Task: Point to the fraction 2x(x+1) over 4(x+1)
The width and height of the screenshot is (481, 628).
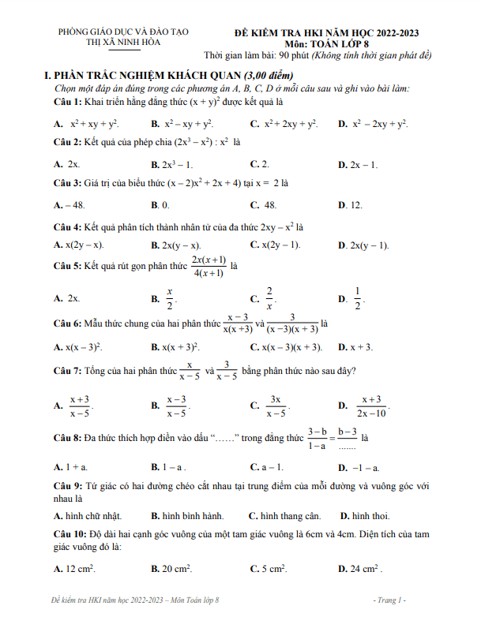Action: point(209,267)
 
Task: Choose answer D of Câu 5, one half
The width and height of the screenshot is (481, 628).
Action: point(357,299)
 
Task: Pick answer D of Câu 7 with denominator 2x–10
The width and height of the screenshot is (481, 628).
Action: point(370,406)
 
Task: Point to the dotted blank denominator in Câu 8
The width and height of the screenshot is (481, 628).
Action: point(348,445)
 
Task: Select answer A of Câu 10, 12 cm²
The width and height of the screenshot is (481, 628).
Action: point(79,568)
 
